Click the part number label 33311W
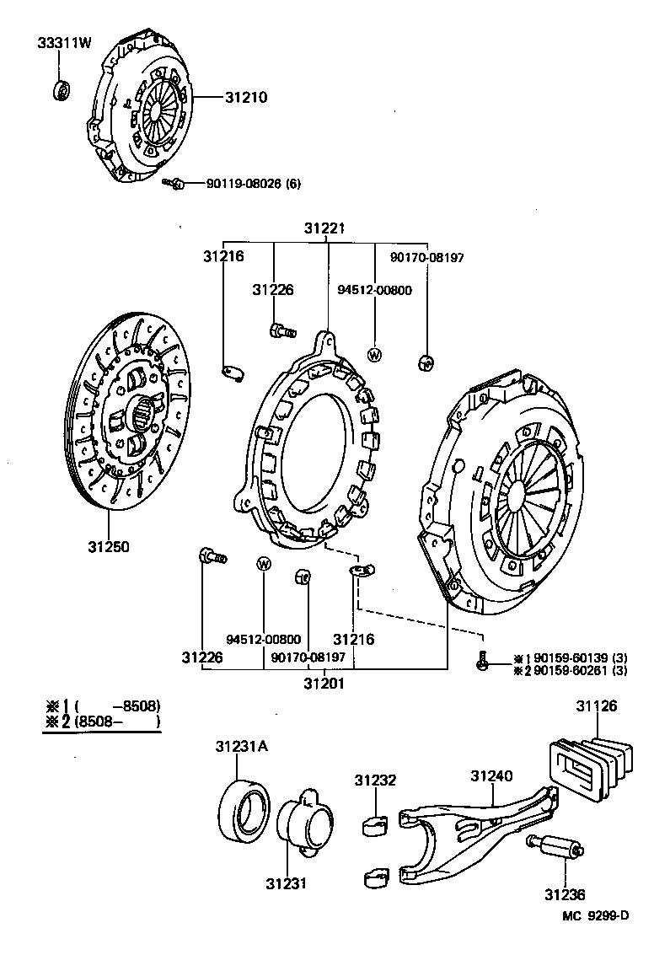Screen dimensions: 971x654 (63, 43)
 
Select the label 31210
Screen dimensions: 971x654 (245, 97)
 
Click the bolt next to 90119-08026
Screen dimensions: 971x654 (174, 182)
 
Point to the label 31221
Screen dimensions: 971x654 (324, 228)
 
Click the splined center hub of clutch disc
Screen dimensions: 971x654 (144, 416)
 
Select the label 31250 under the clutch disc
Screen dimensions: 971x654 (108, 547)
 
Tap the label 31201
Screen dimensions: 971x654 (324, 683)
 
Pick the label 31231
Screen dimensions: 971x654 (286, 883)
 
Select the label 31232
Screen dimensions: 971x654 (374, 781)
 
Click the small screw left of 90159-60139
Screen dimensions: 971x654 (481, 663)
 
